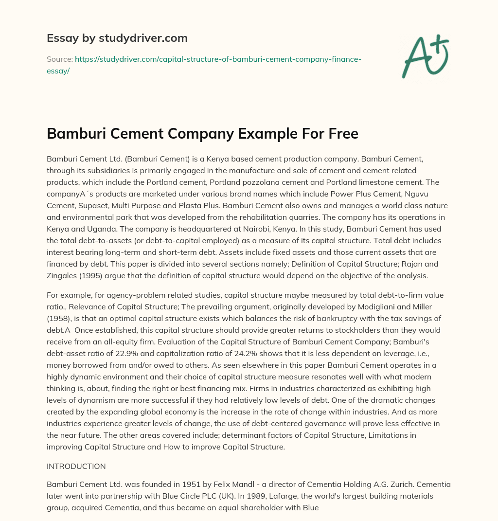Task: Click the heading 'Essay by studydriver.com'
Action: tap(117, 38)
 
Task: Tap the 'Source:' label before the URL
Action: tap(59, 59)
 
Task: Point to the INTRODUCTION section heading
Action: tap(76, 466)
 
